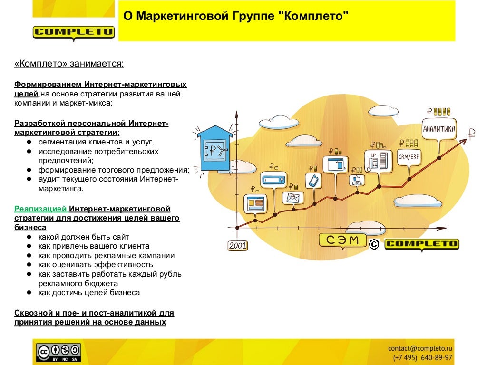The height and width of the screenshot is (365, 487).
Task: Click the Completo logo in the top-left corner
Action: click(74, 32)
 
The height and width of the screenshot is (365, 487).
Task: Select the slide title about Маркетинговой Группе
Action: click(236, 17)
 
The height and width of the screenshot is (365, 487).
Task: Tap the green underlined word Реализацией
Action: click(40, 209)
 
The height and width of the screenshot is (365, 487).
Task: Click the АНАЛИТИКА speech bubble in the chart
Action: click(439, 129)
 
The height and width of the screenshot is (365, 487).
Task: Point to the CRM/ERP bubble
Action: click(409, 157)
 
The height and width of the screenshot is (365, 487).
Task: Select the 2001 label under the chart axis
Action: click(237, 245)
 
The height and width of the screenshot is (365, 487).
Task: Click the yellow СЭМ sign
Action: click(342, 240)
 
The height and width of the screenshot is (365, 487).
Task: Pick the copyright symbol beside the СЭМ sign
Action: click(374, 244)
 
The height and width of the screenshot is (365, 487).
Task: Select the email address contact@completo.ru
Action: click(420, 348)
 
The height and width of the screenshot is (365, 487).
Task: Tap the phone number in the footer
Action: click(422, 357)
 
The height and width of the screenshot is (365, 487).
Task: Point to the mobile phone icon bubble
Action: click(313, 181)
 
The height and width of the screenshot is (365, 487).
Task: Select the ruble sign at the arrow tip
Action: click(471, 134)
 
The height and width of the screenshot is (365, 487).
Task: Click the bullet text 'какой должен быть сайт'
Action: click(84, 237)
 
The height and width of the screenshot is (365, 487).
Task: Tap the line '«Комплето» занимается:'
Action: click(69, 64)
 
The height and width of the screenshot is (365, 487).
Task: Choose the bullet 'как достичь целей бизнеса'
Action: click(89, 293)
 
